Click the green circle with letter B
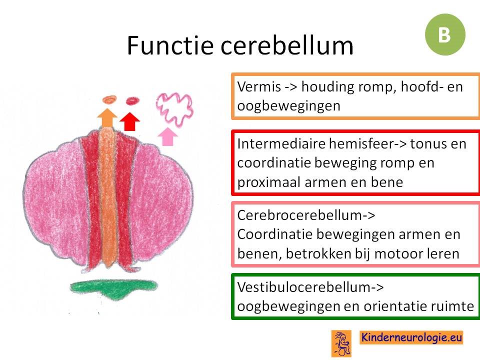tap(445, 34)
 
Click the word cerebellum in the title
tap(287, 45)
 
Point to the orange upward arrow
tap(107, 118)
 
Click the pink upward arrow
tap(167, 136)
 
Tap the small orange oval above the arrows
tap(109, 99)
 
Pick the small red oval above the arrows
tap(132, 100)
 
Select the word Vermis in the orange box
tap(259, 86)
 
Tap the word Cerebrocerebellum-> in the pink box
tap(306, 215)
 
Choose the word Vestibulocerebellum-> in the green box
tap(310, 287)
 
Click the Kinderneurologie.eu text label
tap(411, 337)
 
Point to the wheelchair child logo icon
tap(341, 343)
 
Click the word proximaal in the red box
tap(269, 183)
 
